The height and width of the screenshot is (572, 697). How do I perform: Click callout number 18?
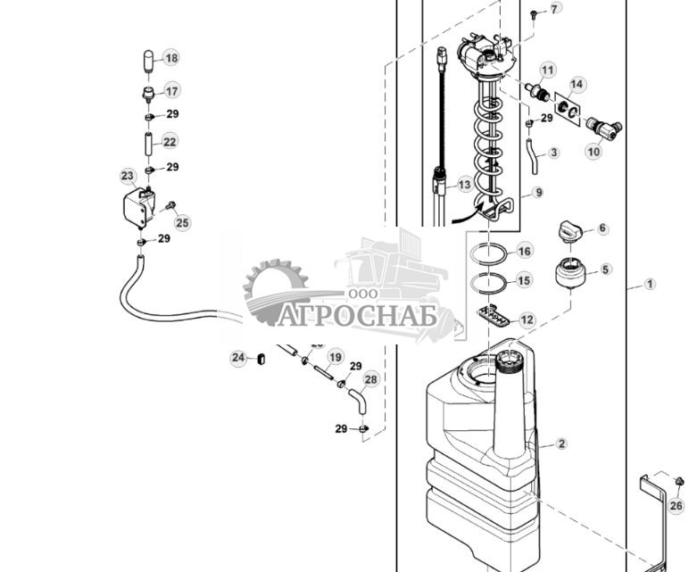coord(170,58)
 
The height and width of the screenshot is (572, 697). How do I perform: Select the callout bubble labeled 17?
coord(170,91)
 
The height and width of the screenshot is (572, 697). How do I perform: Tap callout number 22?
coord(170,141)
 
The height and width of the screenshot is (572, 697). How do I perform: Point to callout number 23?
coord(128,176)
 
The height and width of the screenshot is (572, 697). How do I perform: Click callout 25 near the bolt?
coord(182,223)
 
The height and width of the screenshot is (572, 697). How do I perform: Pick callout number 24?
coord(238,358)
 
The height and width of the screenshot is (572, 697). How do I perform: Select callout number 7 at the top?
coord(555,9)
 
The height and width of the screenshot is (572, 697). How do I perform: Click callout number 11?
coord(547,70)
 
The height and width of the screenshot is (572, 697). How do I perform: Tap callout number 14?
coord(577,85)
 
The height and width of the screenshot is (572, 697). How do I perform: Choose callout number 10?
coord(593,152)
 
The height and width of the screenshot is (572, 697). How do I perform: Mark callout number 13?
coord(464,185)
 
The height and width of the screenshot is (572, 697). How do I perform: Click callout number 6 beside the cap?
coord(602,228)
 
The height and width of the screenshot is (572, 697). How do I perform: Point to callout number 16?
coord(524,252)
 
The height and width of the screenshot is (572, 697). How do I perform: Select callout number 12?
coord(527,319)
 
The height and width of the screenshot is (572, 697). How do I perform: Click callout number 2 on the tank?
coord(561,444)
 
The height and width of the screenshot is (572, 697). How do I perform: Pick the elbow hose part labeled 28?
coord(356,398)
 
